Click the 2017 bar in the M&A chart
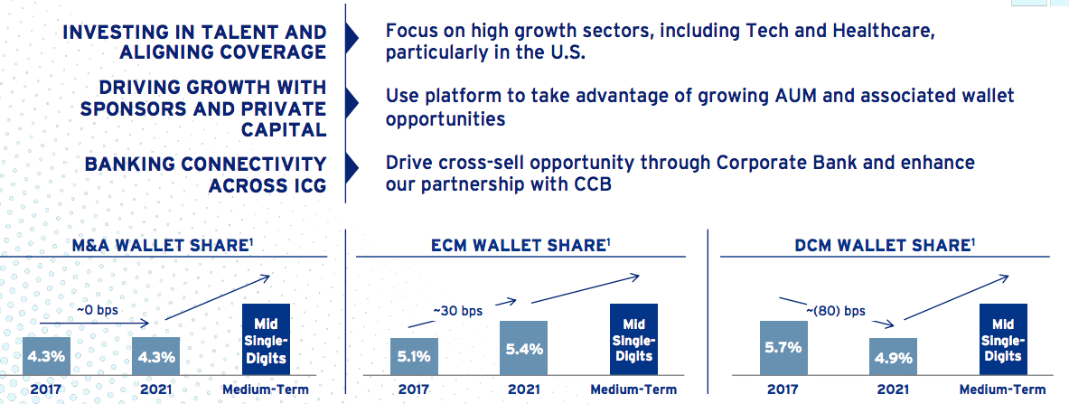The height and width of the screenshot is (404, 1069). click(46, 355)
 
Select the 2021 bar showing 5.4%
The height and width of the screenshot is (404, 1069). click(523, 348)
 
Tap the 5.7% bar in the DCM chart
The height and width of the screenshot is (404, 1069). click(783, 348)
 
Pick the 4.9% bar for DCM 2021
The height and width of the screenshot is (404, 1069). click(893, 356)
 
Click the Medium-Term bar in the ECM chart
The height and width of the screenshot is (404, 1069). click(633, 339)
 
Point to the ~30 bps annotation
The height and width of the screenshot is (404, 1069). click(457, 311)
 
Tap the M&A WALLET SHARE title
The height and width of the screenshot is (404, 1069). click(165, 245)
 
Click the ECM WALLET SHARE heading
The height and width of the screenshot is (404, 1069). click(520, 245)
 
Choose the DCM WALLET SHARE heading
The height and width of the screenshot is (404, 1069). click(884, 245)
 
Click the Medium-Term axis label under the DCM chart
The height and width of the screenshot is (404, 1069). click(1002, 390)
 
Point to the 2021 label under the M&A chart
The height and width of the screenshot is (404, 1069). click(155, 390)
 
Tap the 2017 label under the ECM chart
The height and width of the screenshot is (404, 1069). click(415, 390)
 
